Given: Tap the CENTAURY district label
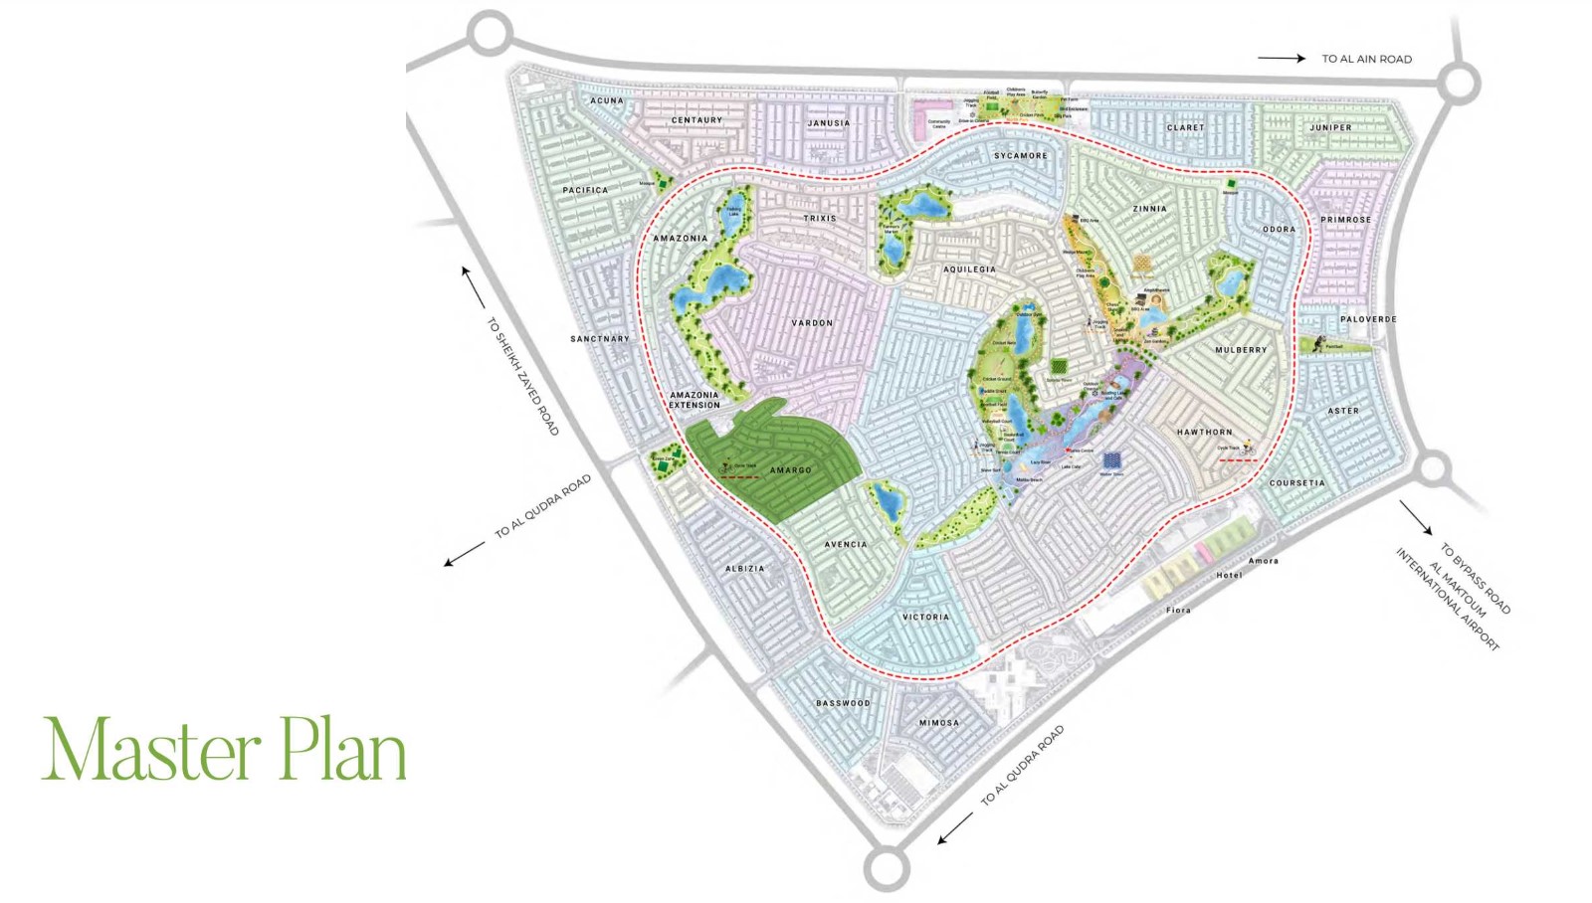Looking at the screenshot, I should click(x=696, y=120).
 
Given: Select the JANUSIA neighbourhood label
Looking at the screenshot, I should click(x=829, y=123).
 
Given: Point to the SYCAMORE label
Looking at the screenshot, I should click(x=1020, y=156).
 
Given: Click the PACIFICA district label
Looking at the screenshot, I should click(x=585, y=190).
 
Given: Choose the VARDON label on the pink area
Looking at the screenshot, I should click(x=812, y=323).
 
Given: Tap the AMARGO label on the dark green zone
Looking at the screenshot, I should click(x=790, y=470).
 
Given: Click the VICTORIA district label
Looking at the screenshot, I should click(x=925, y=618).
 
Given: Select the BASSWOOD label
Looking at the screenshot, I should click(x=843, y=703).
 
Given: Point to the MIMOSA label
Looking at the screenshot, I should click(x=938, y=723).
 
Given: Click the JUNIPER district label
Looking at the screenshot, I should click(x=1330, y=128).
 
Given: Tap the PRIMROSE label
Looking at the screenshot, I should click(x=1345, y=220).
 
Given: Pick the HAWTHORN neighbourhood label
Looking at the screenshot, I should click(x=1204, y=433).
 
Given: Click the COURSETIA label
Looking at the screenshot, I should click(x=1296, y=483).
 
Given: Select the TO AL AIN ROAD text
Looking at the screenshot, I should click(x=1366, y=60).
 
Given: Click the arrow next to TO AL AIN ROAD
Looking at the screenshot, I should click(x=1282, y=59).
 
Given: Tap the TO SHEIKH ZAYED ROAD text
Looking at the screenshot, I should click(x=522, y=376).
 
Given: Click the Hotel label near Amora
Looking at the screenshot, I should click(x=1229, y=575).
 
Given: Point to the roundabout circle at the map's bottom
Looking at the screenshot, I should click(x=887, y=868).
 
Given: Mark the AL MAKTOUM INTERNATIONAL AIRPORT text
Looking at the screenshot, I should click(x=1447, y=599).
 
